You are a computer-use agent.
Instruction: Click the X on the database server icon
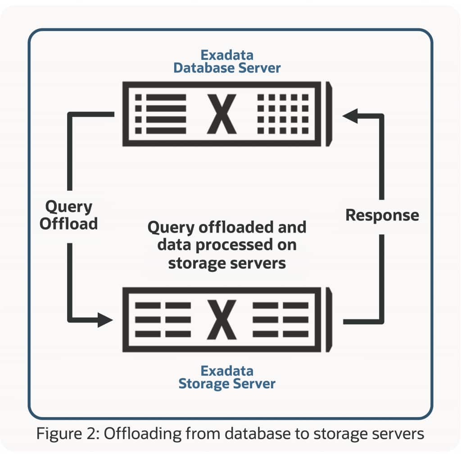(x=221, y=114)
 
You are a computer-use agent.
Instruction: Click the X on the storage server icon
(x=221, y=320)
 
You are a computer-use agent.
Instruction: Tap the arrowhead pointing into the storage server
(x=105, y=320)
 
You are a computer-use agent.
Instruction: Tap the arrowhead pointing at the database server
(x=350, y=116)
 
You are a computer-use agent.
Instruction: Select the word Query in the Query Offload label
(x=69, y=207)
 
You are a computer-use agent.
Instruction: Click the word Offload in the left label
(x=68, y=224)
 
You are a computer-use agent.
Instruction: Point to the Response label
(x=382, y=216)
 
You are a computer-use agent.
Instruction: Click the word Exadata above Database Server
(x=227, y=55)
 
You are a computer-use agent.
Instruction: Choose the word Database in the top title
(x=204, y=68)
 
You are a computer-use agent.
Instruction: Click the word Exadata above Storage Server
(x=227, y=371)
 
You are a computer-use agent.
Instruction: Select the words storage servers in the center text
(x=227, y=263)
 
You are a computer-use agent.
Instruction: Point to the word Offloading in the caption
(x=143, y=434)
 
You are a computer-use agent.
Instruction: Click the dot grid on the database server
(x=283, y=114)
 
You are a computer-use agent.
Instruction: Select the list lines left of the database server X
(x=161, y=114)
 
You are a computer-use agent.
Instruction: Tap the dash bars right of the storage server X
(x=280, y=320)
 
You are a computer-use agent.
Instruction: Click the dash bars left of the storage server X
(x=163, y=320)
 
